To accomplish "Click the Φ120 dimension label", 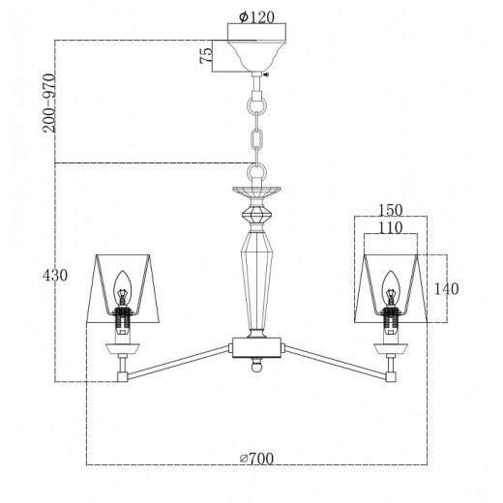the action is [256, 17].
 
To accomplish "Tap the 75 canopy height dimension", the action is [206, 55].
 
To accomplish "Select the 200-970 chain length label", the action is [49, 104].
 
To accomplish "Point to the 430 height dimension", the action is [55, 276].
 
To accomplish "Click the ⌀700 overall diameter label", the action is [256, 458].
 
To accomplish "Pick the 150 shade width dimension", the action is [391, 210].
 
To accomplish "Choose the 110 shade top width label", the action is [391, 227].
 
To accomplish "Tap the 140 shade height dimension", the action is [446, 289].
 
